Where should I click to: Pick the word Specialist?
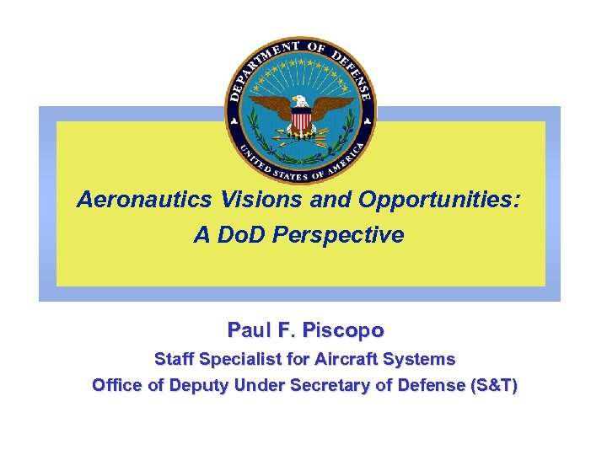[243, 359]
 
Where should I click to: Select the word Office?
[117, 386]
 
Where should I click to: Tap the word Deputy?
[196, 386]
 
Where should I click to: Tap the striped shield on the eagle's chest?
[301, 122]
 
